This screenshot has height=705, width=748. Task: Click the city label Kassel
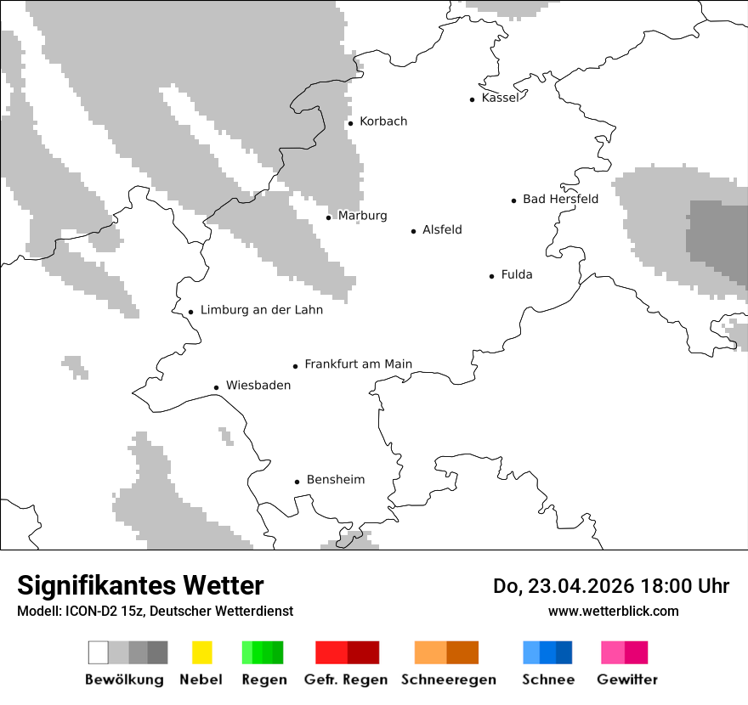coord(499,98)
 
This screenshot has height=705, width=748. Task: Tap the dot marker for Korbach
coord(350,123)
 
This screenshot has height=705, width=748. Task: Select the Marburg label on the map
coord(362,216)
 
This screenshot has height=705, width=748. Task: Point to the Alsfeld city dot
coord(414,231)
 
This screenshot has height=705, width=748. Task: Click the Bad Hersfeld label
coord(560,199)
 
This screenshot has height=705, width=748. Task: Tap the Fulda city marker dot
coord(492,276)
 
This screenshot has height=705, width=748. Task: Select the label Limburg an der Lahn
coord(261,310)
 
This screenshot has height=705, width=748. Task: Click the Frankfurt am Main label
coord(358,364)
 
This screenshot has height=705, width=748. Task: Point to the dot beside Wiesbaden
coord(217,387)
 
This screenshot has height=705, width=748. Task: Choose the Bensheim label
coord(335,480)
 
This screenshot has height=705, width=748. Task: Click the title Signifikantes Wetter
coord(140,585)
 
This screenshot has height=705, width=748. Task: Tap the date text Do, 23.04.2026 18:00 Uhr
coord(610,586)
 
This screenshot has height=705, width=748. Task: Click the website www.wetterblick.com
coord(613,611)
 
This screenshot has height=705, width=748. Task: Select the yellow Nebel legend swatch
coord(201,652)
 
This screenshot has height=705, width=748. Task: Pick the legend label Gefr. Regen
coord(345,680)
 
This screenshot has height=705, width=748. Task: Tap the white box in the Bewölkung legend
coord(98,652)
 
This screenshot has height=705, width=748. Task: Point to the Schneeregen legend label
coord(449,680)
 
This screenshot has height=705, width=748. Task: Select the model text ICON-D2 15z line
coord(155,611)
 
